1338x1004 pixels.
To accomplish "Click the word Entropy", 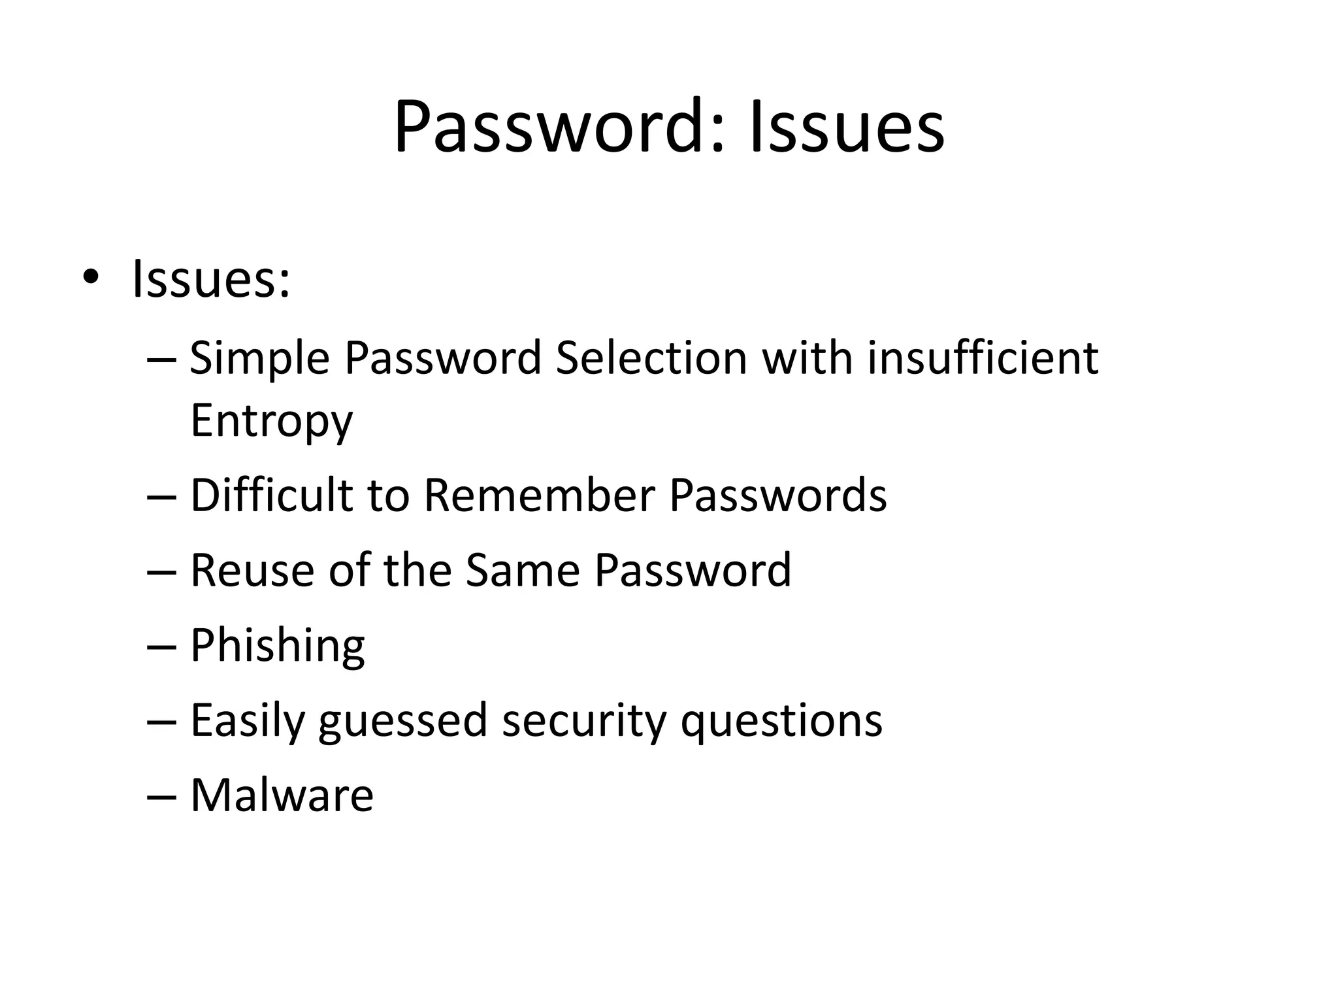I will click(x=271, y=422).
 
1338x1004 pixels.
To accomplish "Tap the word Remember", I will click(x=539, y=495).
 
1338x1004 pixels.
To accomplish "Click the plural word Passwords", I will click(x=777, y=495).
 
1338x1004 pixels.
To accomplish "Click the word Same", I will click(x=523, y=571).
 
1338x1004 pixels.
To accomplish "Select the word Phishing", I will click(x=277, y=646).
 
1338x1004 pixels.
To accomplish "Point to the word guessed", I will click(x=403, y=722).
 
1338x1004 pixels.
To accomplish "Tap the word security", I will click(x=583, y=722).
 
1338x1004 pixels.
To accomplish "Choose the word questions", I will click(x=781, y=722).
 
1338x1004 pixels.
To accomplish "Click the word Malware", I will click(x=282, y=796).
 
